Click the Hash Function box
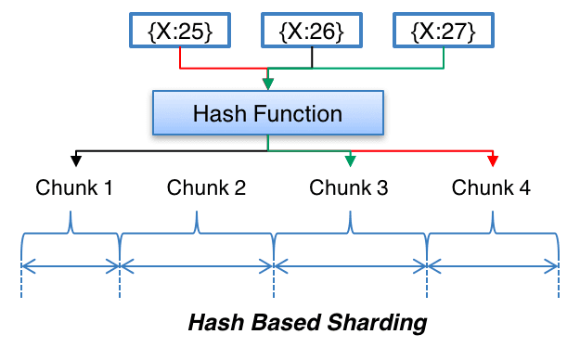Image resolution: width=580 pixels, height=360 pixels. click(267, 114)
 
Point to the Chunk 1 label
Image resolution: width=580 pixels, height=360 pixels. click(74, 188)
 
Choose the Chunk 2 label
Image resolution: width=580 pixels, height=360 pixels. click(206, 188)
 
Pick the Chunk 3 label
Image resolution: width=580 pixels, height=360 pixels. click(349, 188)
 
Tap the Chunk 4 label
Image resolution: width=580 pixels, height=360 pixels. click(492, 188)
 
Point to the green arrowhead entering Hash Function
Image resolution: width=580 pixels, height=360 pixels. click(268, 84)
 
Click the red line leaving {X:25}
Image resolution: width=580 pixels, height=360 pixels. click(179, 59)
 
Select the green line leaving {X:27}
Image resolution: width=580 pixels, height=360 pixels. click(445, 59)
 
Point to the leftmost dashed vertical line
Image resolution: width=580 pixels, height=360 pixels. click(21, 278)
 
